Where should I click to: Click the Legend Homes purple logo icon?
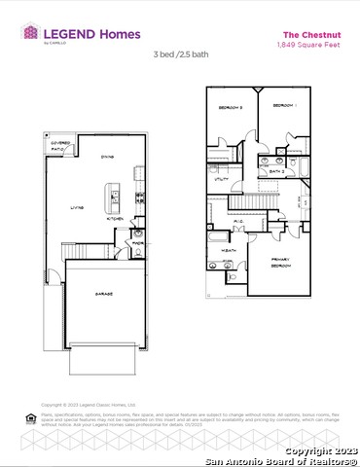(x=30, y=33)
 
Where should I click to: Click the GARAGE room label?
(x=104, y=293)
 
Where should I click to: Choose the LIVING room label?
(x=76, y=207)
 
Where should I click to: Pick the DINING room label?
(x=109, y=156)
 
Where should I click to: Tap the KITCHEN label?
(x=114, y=219)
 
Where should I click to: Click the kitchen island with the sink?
(x=114, y=198)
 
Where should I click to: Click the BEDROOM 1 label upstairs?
(x=284, y=104)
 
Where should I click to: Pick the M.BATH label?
(x=230, y=251)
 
